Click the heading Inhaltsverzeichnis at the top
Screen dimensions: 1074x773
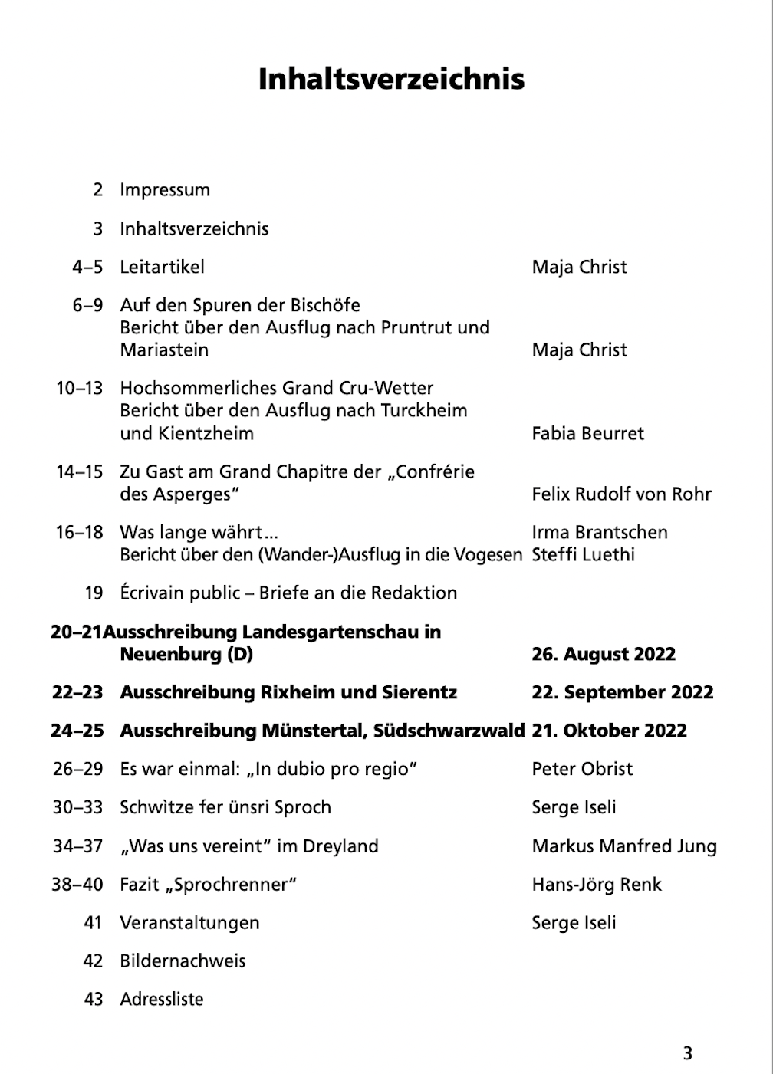point(391,79)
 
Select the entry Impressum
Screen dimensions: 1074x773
point(165,190)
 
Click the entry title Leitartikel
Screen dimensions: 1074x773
point(162,267)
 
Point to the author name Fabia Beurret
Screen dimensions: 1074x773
point(587,433)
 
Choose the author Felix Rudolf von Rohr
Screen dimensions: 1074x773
point(621,494)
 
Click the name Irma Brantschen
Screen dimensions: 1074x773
point(599,532)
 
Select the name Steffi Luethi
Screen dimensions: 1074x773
point(583,554)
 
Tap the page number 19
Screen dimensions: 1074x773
point(94,593)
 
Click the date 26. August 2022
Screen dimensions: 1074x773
point(604,654)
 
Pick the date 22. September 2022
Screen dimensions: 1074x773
point(622,692)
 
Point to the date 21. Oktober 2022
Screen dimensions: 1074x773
point(609,731)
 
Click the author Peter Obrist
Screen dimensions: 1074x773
point(582,769)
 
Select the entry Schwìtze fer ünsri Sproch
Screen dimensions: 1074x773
point(225,807)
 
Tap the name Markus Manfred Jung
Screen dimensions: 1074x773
point(624,846)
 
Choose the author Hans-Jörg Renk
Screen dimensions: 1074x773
point(596,885)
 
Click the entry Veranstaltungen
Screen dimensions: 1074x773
point(189,923)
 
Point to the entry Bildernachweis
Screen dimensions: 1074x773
point(183,961)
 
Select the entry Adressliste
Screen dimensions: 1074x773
point(162,1000)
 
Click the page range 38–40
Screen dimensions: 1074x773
point(77,885)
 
